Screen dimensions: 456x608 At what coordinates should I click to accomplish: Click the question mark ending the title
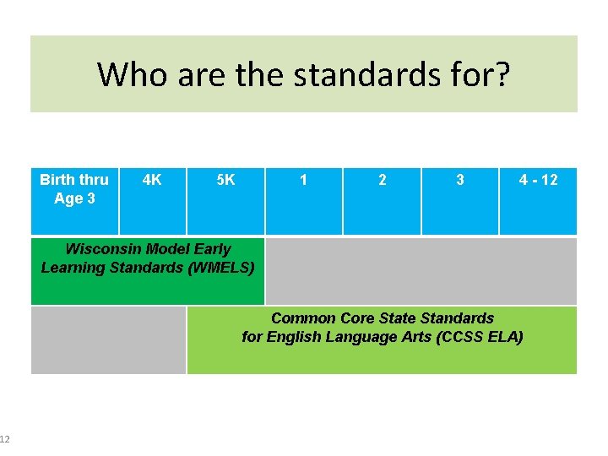coord(502,74)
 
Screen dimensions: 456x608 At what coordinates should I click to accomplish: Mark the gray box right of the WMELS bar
coord(421,271)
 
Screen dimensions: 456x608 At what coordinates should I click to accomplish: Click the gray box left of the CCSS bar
coord(108,339)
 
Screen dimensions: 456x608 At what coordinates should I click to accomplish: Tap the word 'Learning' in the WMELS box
coord(71,268)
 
